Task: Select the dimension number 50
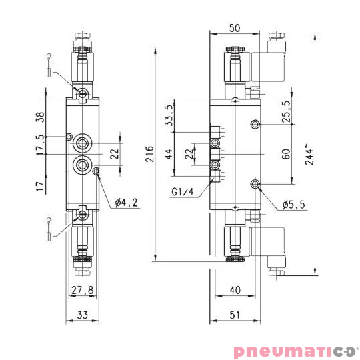point(234,28)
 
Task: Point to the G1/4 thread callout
point(182,193)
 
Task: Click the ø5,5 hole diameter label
point(293,205)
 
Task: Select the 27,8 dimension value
point(81,290)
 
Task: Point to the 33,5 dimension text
point(169,115)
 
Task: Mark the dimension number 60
point(286,154)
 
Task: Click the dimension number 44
point(169,154)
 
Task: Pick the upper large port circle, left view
point(83,142)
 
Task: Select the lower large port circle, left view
point(83,165)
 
